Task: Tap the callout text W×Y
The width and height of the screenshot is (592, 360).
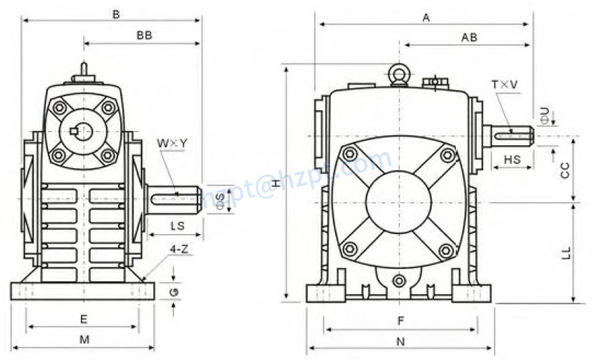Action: click(172, 143)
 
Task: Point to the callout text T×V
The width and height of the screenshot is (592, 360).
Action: click(504, 85)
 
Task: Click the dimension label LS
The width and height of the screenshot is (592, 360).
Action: click(178, 227)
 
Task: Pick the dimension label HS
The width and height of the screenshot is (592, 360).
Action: click(512, 160)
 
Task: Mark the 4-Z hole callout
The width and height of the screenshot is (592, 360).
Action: click(179, 249)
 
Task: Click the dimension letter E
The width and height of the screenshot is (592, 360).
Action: click(83, 318)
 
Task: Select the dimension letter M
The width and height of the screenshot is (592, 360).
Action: click(84, 339)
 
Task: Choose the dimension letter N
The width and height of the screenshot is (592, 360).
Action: click(401, 341)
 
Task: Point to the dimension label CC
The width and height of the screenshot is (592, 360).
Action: click(564, 170)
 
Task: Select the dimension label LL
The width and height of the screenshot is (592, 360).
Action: click(564, 253)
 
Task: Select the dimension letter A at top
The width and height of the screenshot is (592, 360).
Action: click(425, 18)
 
